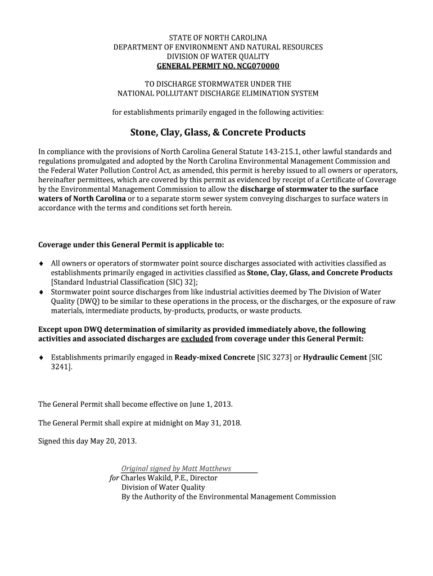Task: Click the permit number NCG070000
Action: (251, 66)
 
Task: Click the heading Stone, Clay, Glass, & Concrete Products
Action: (218, 133)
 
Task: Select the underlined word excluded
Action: (197, 339)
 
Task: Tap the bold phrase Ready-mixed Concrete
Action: (215, 357)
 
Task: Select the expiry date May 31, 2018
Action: (217, 422)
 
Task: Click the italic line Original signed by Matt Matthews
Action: (177, 469)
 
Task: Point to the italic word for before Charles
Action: (114, 478)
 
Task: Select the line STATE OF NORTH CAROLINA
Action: (218, 38)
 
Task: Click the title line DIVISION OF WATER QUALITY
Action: (218, 57)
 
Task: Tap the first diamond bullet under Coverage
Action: (41, 263)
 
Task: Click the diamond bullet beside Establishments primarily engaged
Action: (41, 357)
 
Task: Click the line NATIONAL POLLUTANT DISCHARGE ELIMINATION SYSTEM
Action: (218, 93)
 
